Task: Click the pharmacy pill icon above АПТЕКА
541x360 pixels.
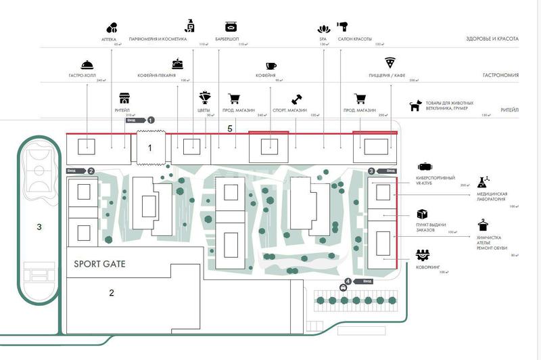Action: [111, 28]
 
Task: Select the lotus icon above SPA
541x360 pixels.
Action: [323, 28]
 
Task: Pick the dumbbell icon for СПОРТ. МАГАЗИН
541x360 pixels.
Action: [296, 99]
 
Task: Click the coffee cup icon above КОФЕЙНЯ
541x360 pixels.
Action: [270, 66]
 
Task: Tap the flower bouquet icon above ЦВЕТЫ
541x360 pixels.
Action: [205, 99]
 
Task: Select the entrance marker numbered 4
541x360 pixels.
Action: [348, 280]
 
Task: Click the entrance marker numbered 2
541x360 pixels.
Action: [91, 171]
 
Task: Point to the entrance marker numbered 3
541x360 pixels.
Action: [371, 171]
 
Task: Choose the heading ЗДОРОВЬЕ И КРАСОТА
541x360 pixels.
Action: [486, 39]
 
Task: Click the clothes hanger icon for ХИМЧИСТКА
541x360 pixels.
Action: [483, 224]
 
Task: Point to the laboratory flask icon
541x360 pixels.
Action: [484, 181]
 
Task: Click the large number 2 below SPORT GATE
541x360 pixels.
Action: [111, 292]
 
